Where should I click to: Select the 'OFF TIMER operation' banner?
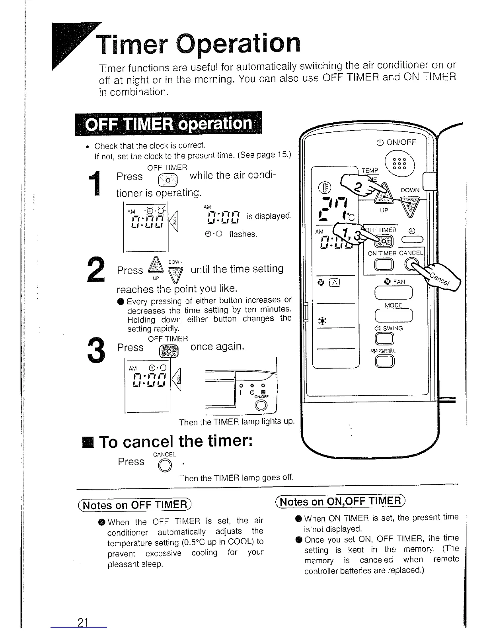point(169,124)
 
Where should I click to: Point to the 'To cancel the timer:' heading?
point(175,442)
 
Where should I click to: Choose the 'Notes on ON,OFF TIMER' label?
point(340,501)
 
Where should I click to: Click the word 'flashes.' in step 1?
point(243,234)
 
